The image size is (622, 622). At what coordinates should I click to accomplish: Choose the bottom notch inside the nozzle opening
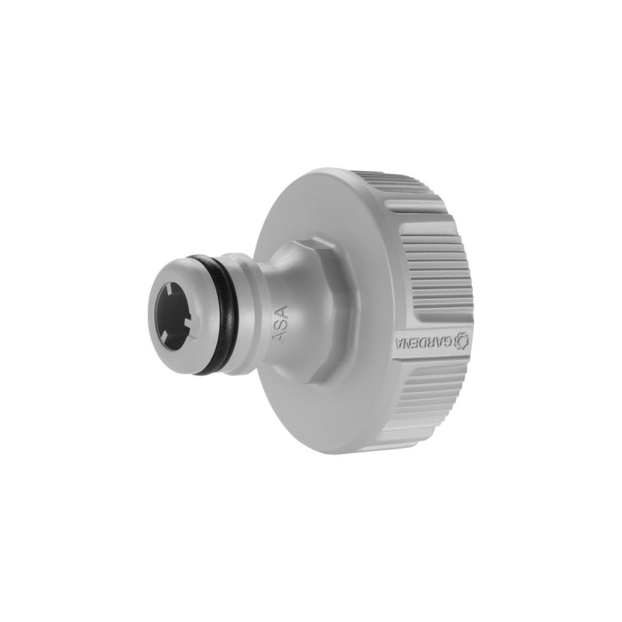pos(176,341)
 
